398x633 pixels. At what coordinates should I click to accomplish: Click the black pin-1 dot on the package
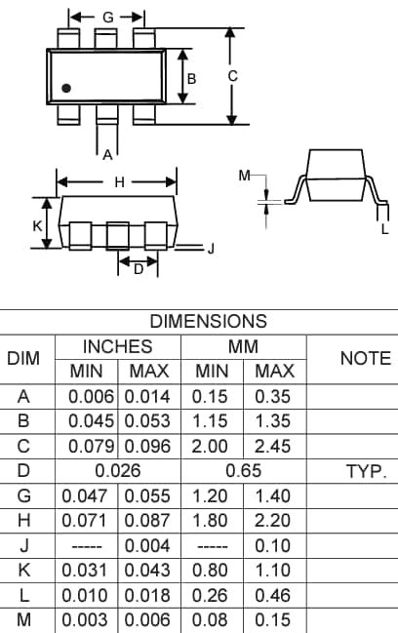pos(66,89)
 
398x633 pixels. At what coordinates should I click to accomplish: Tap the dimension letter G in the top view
pos(107,18)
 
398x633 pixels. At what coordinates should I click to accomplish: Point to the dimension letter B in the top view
pos(192,78)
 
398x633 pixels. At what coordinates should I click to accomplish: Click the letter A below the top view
pos(107,153)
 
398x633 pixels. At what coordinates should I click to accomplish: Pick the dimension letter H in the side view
pos(119,182)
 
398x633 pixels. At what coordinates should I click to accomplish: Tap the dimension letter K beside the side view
pos(37,224)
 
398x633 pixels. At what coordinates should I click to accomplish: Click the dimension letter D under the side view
pos(138,270)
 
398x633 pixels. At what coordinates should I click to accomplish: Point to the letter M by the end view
pos(244,176)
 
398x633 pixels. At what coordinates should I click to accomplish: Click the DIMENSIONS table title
pos(208,321)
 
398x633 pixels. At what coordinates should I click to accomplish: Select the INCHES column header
pos(117,346)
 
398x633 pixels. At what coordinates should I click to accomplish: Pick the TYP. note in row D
pos(366,471)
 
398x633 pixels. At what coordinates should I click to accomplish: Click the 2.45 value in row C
pos(274,446)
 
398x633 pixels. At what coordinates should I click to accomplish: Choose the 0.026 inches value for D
pos(117,471)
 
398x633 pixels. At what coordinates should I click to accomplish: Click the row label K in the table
pos(23,571)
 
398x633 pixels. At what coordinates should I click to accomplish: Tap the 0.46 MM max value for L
pos(274,595)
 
